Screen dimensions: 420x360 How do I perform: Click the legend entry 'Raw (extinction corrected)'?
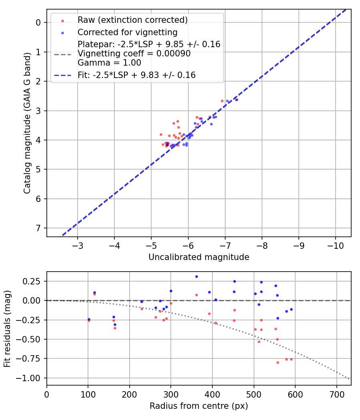133,20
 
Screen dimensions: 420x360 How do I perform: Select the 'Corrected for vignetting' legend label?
128,32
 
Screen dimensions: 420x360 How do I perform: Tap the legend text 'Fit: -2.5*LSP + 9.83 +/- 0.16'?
136,75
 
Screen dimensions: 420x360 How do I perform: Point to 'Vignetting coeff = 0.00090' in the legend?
134,54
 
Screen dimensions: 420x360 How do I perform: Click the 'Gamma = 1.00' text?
109,62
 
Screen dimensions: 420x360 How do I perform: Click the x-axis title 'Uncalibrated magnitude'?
199,257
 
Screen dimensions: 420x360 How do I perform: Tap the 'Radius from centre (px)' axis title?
199,406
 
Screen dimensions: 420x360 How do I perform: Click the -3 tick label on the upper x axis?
78,245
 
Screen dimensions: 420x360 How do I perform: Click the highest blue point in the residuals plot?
196,276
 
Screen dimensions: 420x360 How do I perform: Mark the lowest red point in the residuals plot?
278,362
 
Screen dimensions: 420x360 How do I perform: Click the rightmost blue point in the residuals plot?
291,309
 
